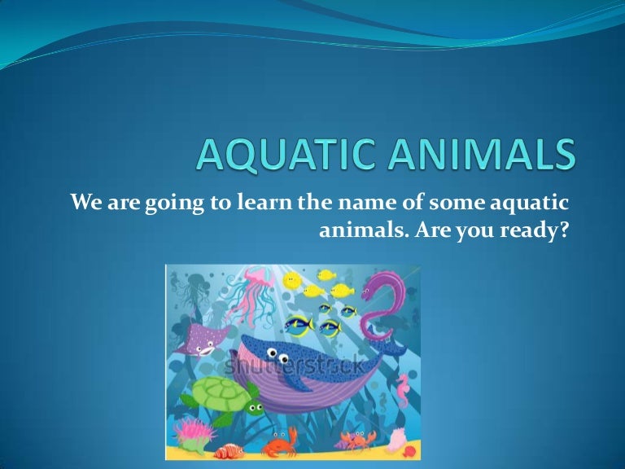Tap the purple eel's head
pos(377,284)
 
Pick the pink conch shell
pos(398,441)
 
